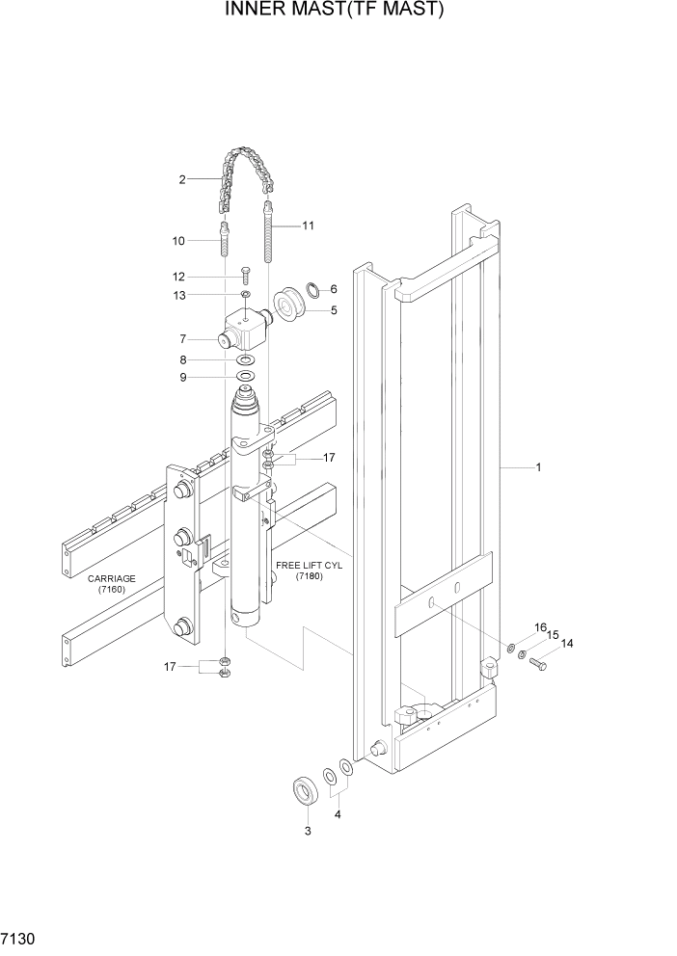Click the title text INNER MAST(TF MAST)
tap(335, 11)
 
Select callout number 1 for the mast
tap(538, 468)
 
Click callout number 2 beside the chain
tap(181, 179)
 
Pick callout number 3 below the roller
tap(308, 831)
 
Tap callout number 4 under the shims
tap(338, 814)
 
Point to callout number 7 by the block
tap(181, 338)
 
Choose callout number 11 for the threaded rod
tap(309, 226)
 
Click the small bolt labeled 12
tap(246, 278)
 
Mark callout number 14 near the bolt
tap(566, 644)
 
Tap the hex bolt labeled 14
tap(538, 664)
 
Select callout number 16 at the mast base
tap(540, 627)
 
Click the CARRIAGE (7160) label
tap(111, 584)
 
